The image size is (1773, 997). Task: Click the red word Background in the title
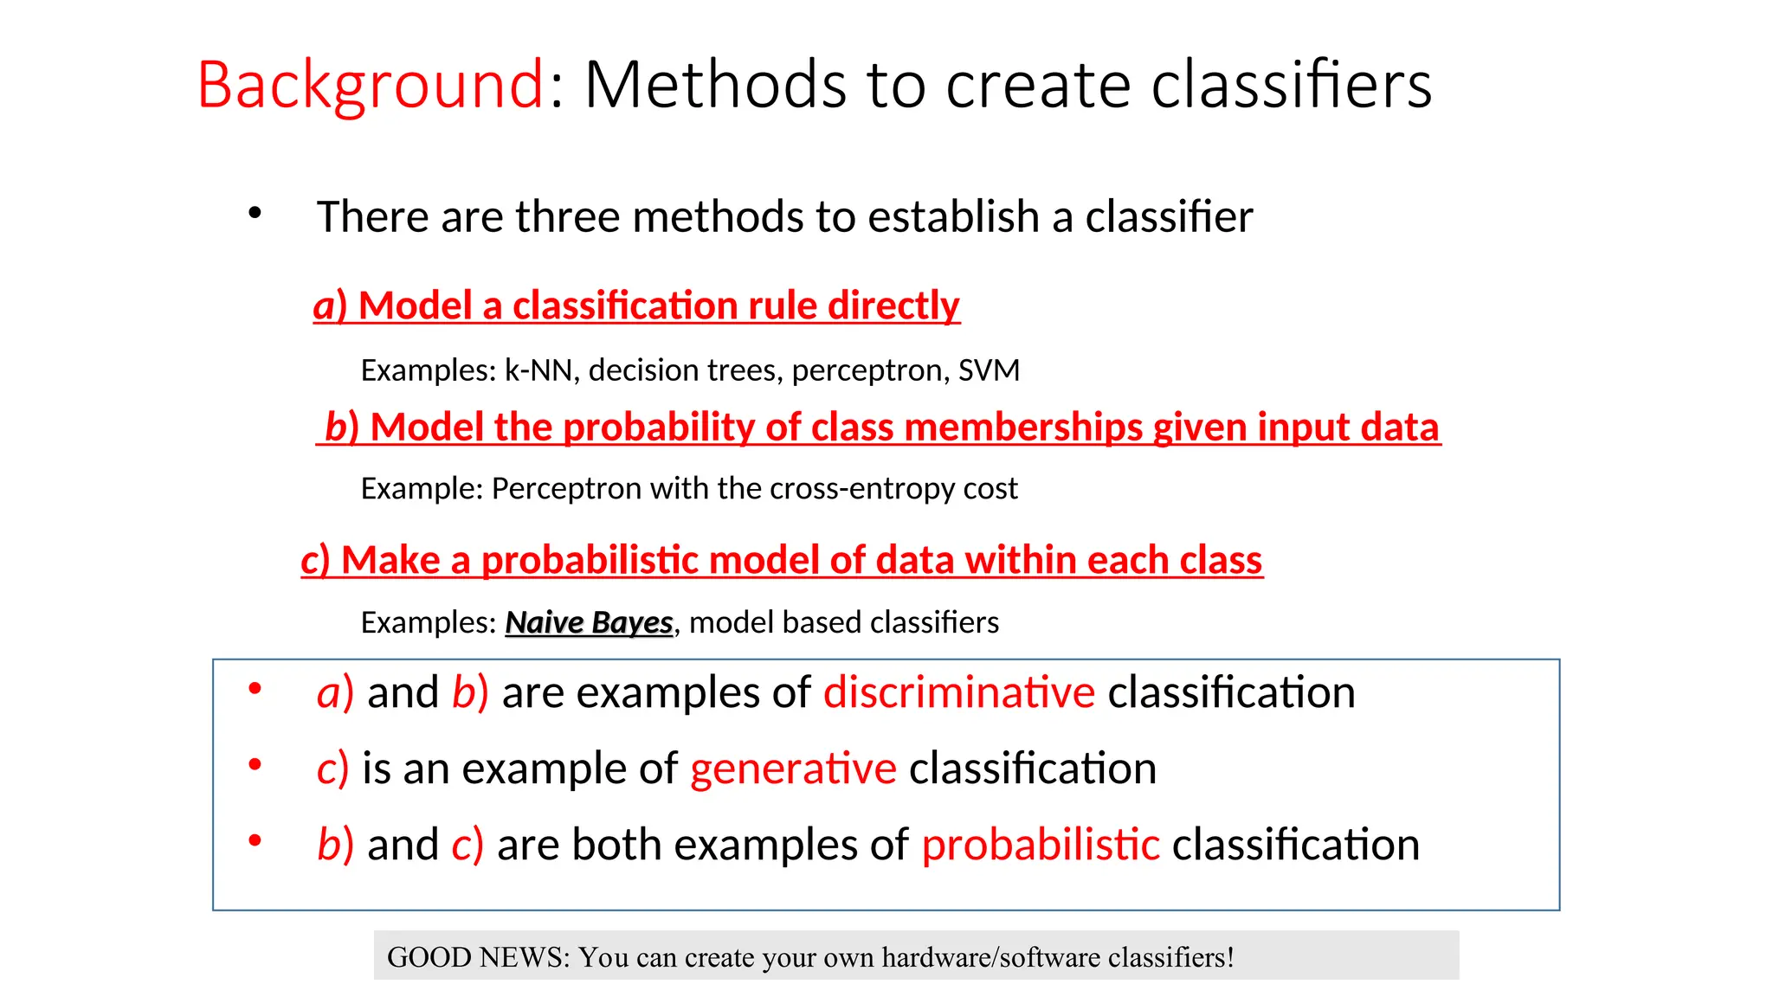pos(371,85)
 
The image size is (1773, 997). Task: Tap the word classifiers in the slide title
pos(1291,85)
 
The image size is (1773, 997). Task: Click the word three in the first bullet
pos(567,216)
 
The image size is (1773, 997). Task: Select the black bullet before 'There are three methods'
pos(255,212)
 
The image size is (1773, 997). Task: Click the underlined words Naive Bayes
pos(589,622)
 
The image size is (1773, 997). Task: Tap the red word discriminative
pos(958,692)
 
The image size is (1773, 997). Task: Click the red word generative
pos(793,769)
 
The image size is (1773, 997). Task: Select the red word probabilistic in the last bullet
pos(1040,845)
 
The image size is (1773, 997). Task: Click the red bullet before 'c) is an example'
pos(255,764)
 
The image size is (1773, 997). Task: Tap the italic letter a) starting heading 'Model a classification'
pos(329,306)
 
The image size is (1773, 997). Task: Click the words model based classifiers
pos(843,622)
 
